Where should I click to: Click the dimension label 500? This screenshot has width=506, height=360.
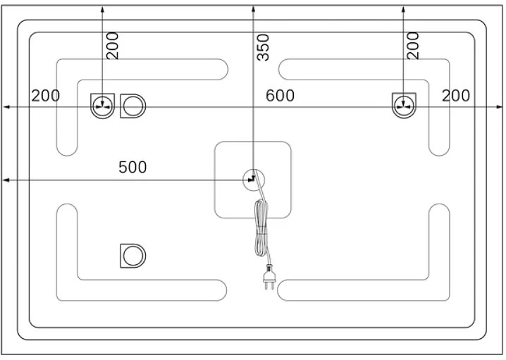coord(132,167)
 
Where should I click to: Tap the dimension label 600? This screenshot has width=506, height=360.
coord(280,96)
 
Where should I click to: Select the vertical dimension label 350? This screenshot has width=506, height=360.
coord(263,47)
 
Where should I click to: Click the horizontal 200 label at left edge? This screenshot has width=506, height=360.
coord(46,96)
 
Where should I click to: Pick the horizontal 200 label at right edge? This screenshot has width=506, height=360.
coord(456,96)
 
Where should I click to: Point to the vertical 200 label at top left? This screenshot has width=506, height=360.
coord(113,46)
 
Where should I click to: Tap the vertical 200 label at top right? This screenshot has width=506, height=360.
coord(413,46)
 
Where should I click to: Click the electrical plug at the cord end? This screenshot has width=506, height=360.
coord(269,277)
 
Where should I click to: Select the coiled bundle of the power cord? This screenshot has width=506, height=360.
coord(261,228)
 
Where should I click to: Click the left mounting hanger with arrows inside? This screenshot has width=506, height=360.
coord(102,106)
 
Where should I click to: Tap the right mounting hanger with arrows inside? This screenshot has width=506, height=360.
coord(404,106)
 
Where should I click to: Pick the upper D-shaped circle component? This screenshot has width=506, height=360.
coord(133,106)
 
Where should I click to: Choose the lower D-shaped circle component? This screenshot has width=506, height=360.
coord(133,256)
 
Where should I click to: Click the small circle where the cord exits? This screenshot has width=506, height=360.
coord(254,180)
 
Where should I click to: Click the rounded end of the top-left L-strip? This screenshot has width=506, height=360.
coord(223,69)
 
